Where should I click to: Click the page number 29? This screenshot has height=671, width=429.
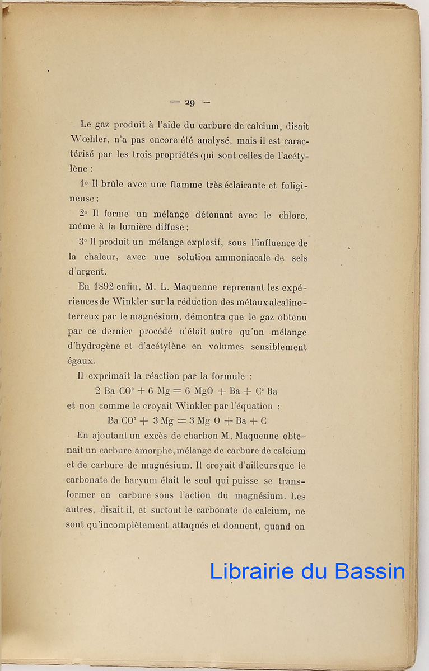(x=190, y=102)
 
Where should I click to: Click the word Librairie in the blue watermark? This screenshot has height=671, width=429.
(x=251, y=571)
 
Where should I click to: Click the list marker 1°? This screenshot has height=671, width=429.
(x=84, y=185)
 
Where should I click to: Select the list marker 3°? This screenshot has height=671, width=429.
(x=83, y=243)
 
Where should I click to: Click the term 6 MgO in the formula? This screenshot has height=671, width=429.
(x=199, y=391)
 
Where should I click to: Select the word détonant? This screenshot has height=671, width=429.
(x=213, y=215)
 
